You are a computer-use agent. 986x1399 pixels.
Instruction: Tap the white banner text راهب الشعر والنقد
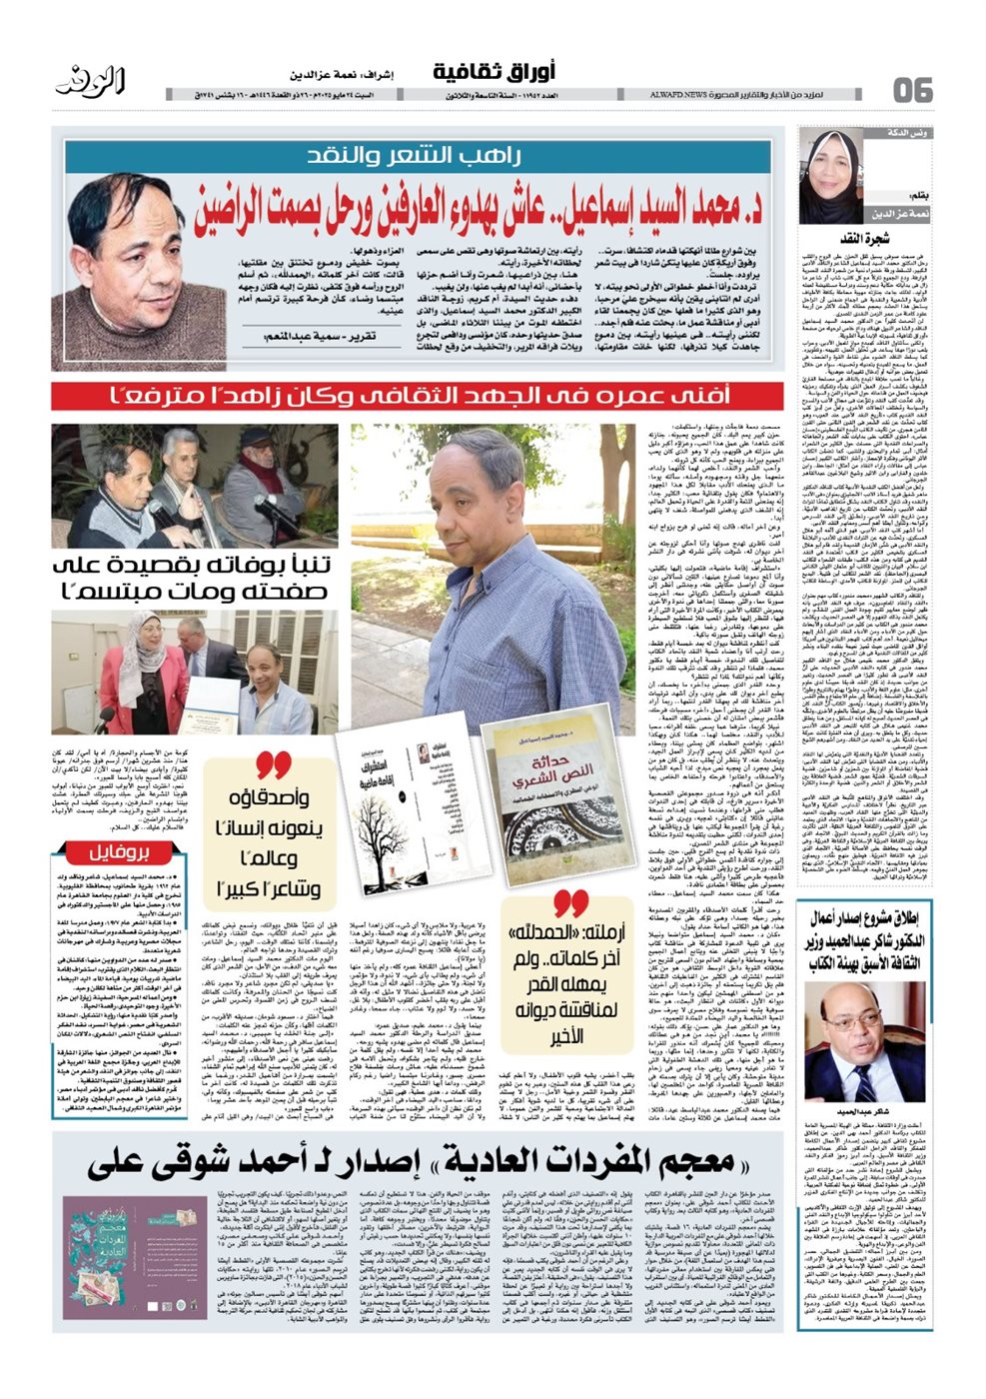(428, 156)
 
